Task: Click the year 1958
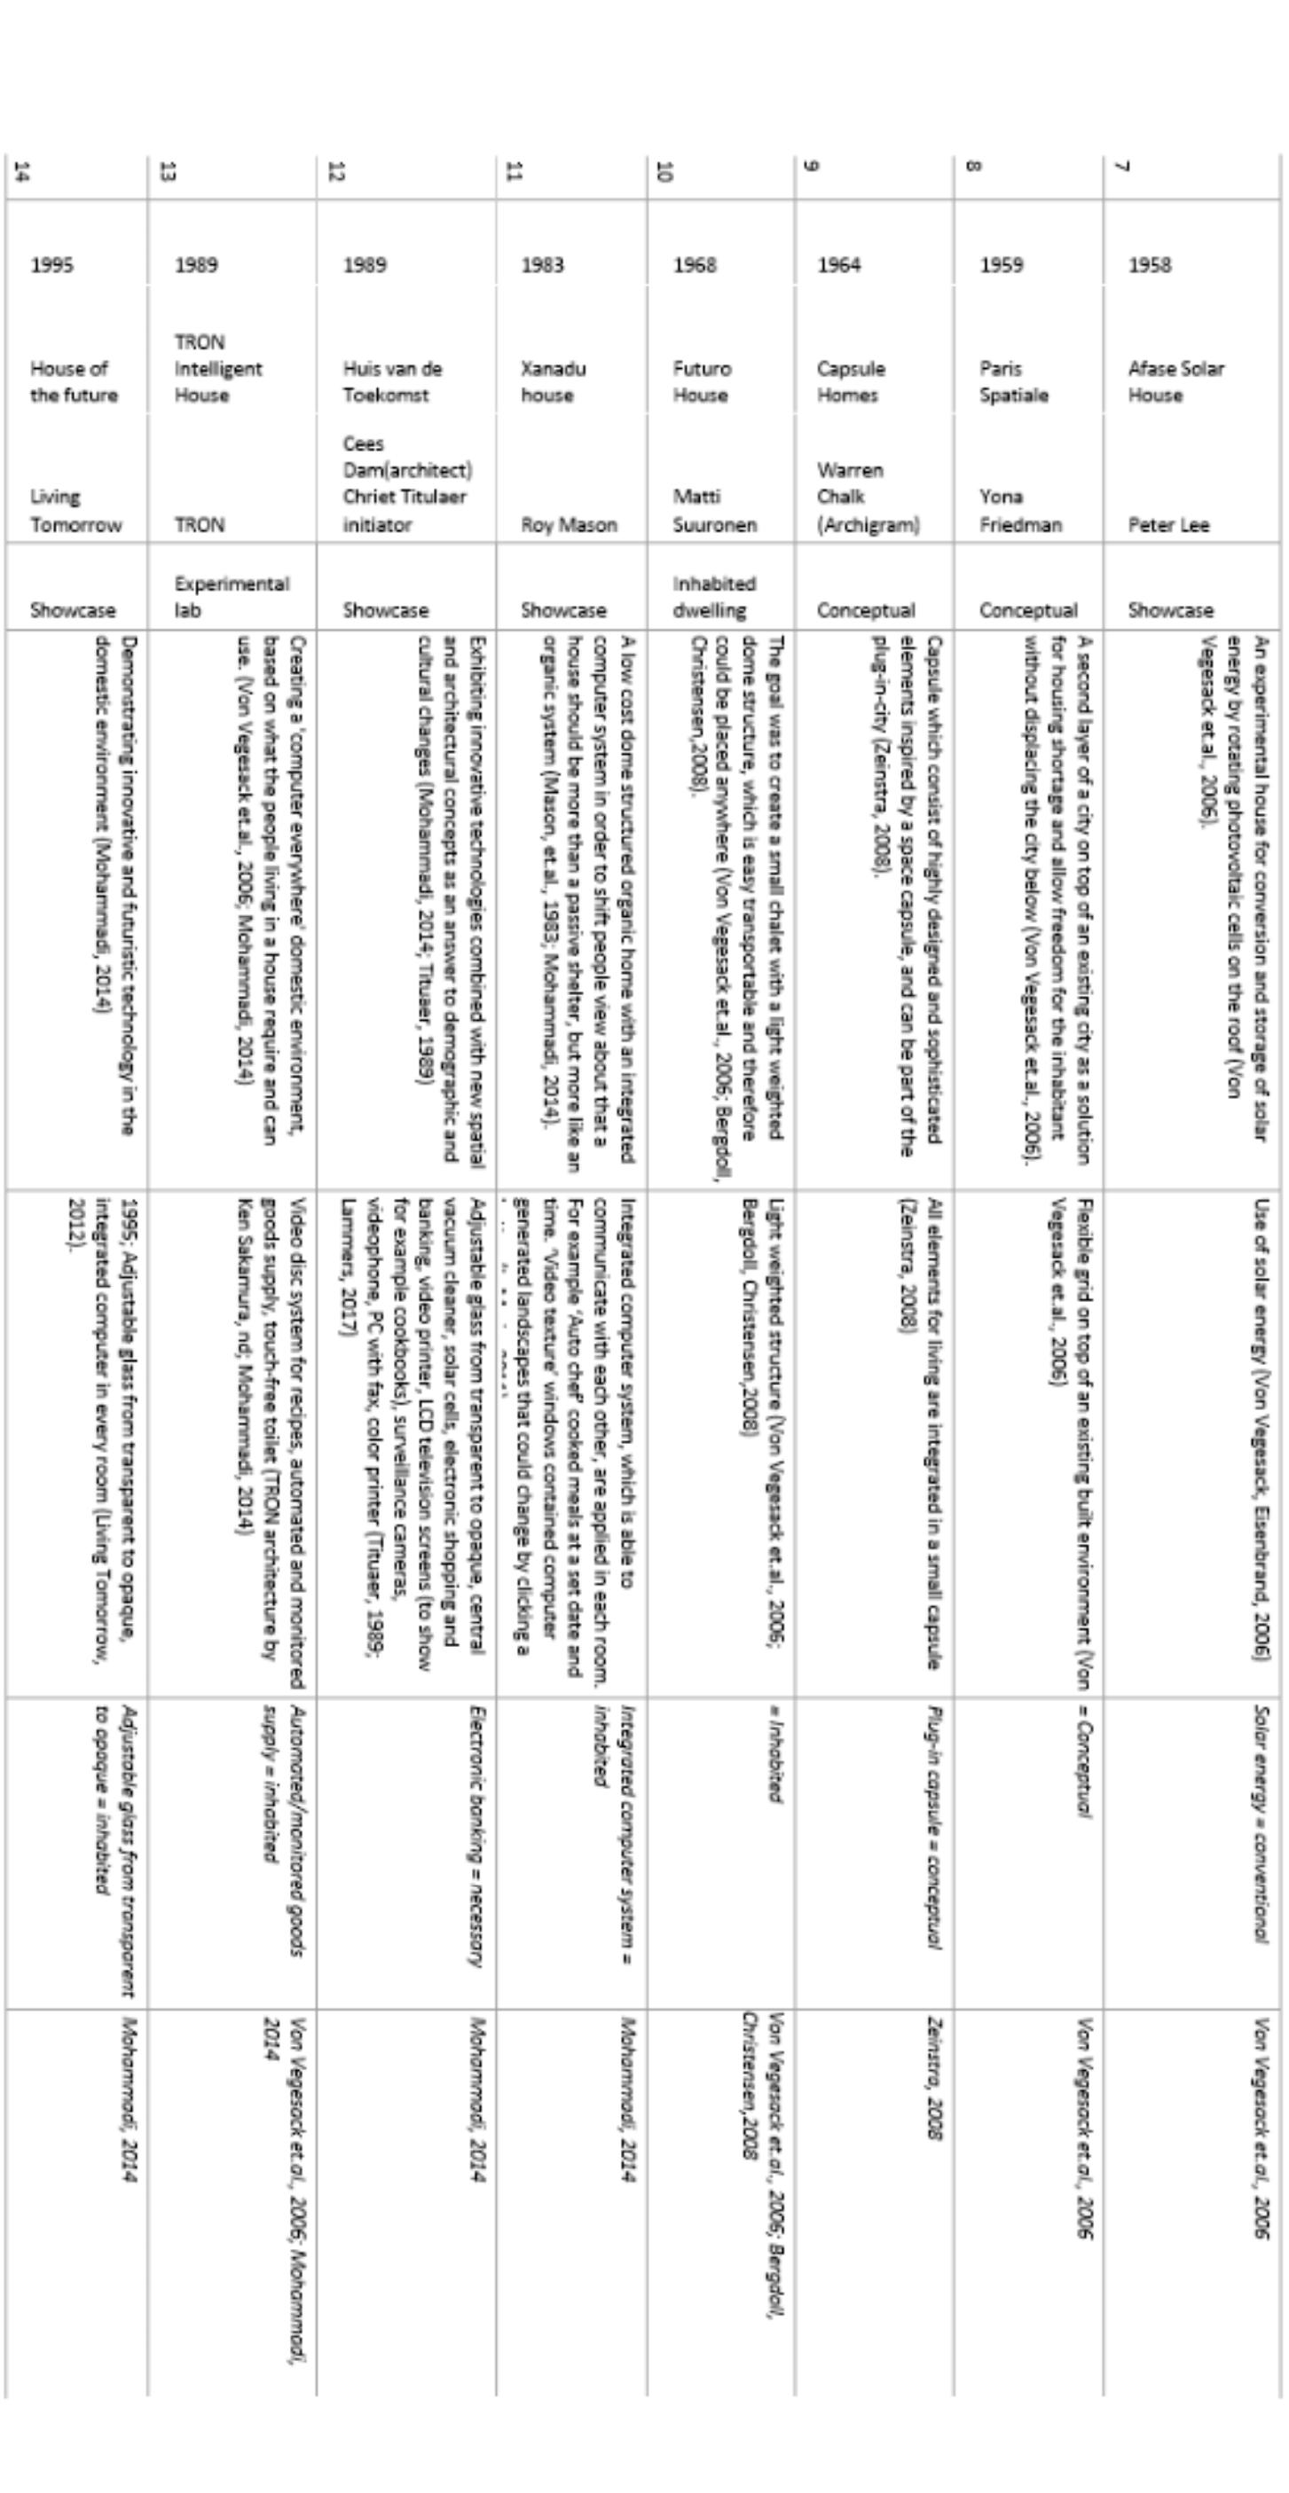point(1150,265)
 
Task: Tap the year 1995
point(51,265)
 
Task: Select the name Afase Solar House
point(1175,381)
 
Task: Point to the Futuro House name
point(702,381)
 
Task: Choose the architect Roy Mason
point(569,524)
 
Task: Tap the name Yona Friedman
point(1019,510)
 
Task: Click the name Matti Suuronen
point(714,510)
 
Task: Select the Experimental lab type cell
point(232,596)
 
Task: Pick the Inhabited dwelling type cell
point(714,596)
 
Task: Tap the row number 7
point(1121,167)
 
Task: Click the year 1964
point(838,265)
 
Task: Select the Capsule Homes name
point(851,381)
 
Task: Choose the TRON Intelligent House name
point(217,369)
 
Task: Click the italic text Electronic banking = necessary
point(476,1836)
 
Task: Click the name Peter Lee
point(1168,524)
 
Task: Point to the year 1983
point(542,265)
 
